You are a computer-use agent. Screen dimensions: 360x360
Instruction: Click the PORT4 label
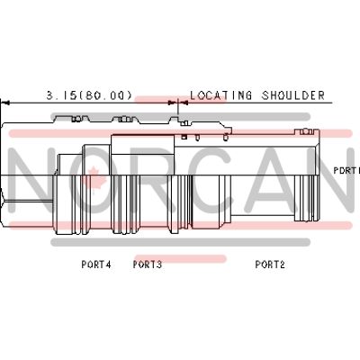[96, 265]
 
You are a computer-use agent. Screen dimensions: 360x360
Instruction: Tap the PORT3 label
[148, 265]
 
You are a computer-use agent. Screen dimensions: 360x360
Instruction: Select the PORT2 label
[270, 265]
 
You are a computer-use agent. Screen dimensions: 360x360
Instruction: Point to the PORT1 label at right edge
[346, 170]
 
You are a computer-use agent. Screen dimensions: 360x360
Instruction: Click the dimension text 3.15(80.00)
[89, 95]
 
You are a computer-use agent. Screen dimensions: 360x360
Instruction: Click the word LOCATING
[221, 95]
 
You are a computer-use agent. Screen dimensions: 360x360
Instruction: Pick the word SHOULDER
[293, 95]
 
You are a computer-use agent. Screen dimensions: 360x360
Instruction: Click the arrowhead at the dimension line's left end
[6, 103]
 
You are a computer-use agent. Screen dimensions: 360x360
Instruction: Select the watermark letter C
[206, 181]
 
